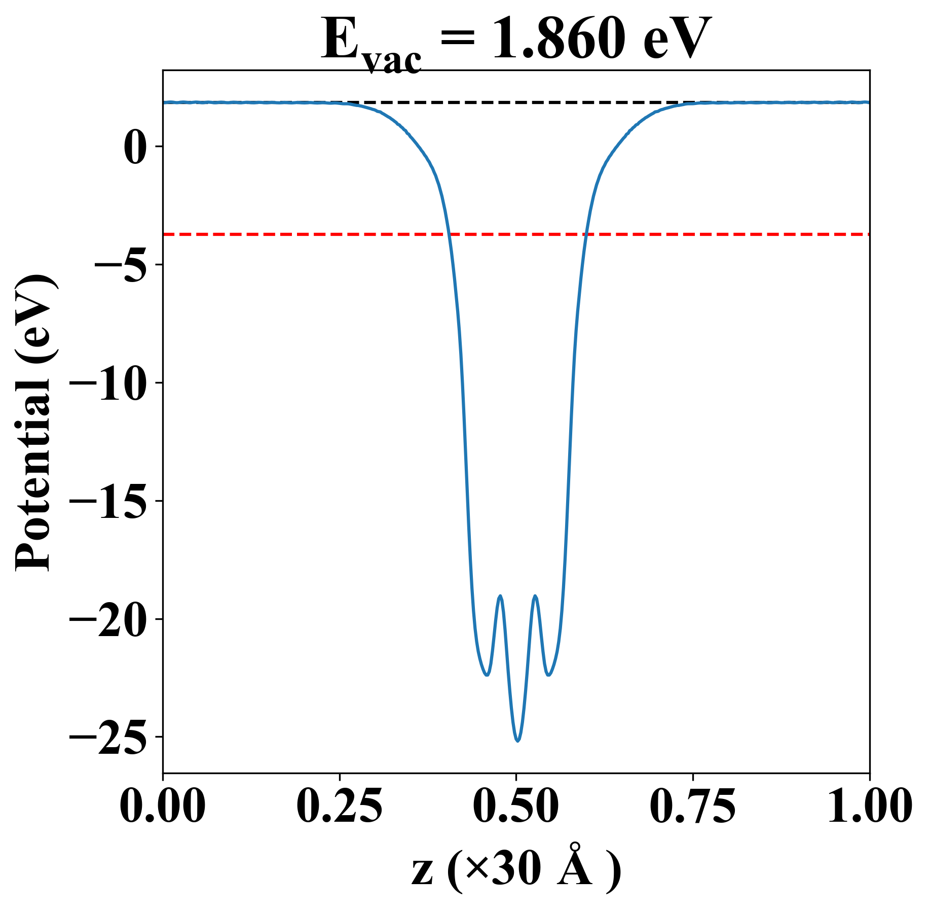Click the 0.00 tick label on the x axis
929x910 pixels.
click(x=163, y=806)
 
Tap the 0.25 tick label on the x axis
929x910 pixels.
click(x=339, y=806)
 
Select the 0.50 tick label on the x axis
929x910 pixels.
click(x=516, y=806)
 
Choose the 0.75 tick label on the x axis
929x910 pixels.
click(x=693, y=806)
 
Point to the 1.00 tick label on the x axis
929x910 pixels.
click(x=869, y=806)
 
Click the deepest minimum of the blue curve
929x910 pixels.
click(x=517, y=741)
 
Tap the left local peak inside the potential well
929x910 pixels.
click(x=500, y=596)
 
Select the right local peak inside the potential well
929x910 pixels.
click(x=535, y=596)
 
